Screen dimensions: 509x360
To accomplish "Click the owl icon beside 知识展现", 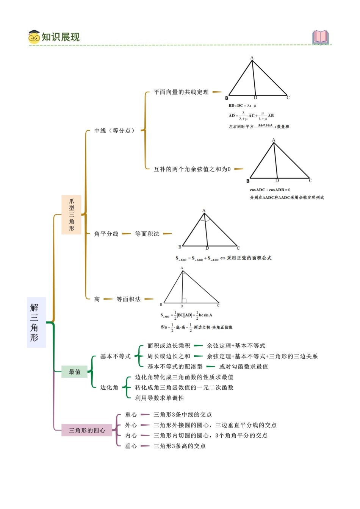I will [34, 37].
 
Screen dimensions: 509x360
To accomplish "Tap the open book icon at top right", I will [321, 37].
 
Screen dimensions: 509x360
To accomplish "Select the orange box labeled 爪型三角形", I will [71, 215].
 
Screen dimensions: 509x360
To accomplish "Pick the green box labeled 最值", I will [75, 372].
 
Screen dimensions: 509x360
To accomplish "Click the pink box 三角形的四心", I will [87, 430].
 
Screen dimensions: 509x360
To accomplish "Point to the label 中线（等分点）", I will [114, 131].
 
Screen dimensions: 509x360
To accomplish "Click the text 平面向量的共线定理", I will [181, 92].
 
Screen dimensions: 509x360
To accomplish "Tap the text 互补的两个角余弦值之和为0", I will [192, 169].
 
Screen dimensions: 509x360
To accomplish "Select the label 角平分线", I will [106, 234].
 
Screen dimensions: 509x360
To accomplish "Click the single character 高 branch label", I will [97, 299].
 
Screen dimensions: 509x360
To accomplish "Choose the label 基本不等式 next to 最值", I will [115, 356].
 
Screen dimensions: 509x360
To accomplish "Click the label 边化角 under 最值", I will [109, 387].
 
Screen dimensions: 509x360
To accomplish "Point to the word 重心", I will [131, 415].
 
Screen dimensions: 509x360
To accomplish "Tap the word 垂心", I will [131, 446].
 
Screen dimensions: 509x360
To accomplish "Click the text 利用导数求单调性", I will [160, 398].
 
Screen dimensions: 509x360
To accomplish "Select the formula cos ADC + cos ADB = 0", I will [270, 190].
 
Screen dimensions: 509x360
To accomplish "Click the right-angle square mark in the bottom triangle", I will [184, 301].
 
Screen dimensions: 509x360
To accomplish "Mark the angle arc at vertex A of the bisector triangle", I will [204, 218].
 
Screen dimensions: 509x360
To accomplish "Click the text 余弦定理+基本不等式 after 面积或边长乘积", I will [236, 346].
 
